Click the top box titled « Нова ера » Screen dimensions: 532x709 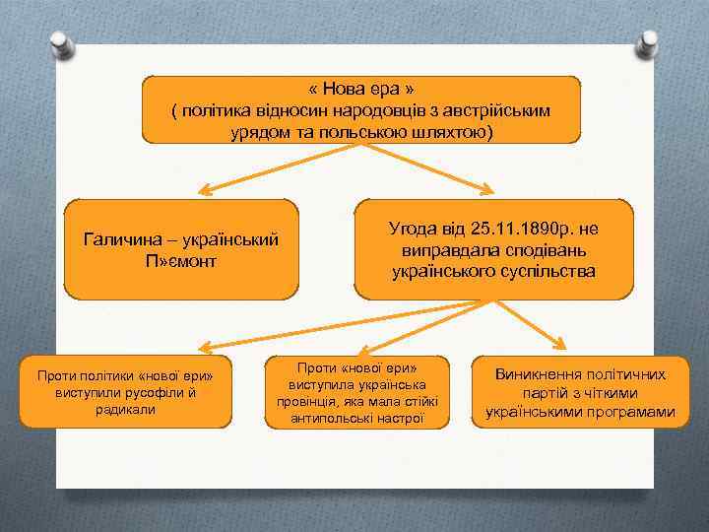(x=361, y=109)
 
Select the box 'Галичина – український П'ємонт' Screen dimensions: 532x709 (x=181, y=249)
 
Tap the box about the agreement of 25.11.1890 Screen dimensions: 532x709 (x=494, y=249)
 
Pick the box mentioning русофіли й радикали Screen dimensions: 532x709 (x=124, y=391)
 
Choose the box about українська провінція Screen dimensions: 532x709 (x=356, y=391)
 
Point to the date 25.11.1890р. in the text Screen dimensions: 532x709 (x=521, y=229)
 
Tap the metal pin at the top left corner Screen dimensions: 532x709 (x=62, y=43)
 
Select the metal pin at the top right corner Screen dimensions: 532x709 (x=650, y=43)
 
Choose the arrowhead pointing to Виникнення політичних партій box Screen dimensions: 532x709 (x=556, y=343)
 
